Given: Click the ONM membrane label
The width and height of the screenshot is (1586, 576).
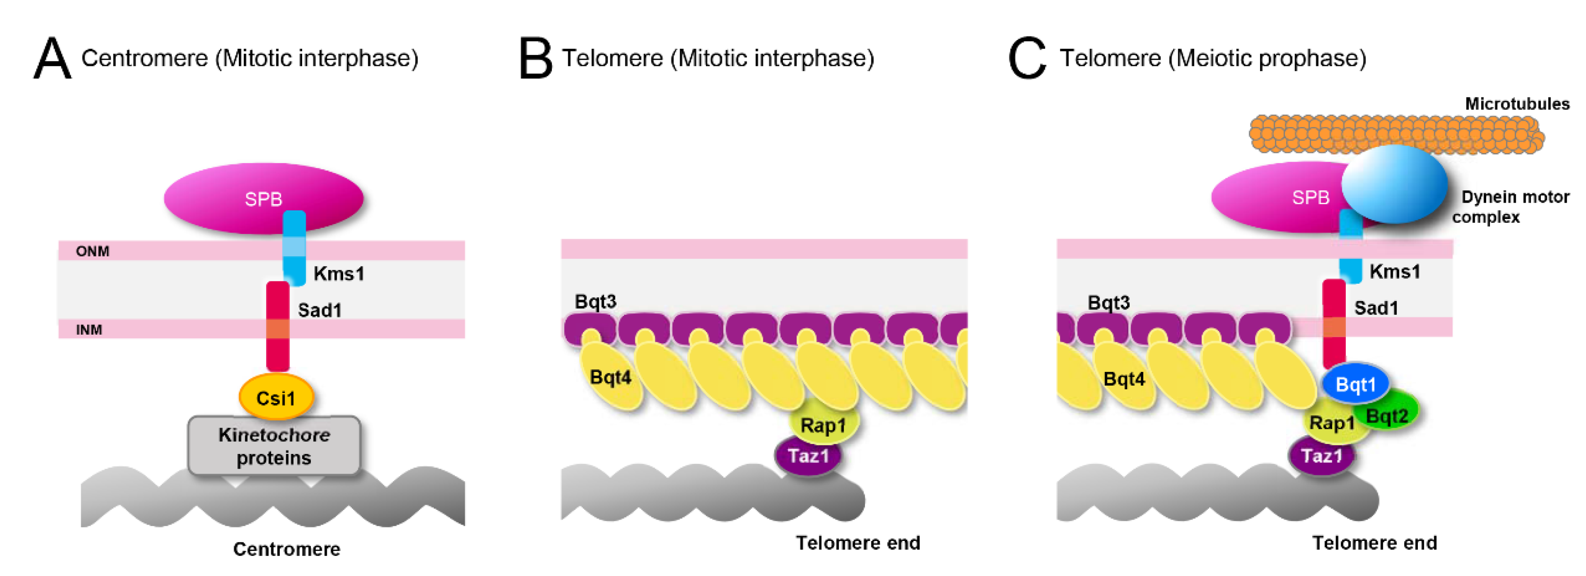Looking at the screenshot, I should [x=93, y=251].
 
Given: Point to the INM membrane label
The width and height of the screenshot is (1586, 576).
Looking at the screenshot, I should [x=89, y=330].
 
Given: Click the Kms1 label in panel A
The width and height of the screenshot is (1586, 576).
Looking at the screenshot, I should [x=339, y=273].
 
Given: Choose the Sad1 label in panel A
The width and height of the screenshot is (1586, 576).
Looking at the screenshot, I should [x=319, y=310].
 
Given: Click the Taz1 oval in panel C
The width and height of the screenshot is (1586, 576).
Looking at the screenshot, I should [x=1321, y=456].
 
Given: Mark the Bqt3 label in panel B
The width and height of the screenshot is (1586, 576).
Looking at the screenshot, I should [x=595, y=301].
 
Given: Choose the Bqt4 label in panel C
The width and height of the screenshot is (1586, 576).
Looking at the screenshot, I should [x=1123, y=379].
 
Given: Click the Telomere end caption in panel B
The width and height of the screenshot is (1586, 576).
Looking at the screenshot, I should [x=858, y=543].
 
